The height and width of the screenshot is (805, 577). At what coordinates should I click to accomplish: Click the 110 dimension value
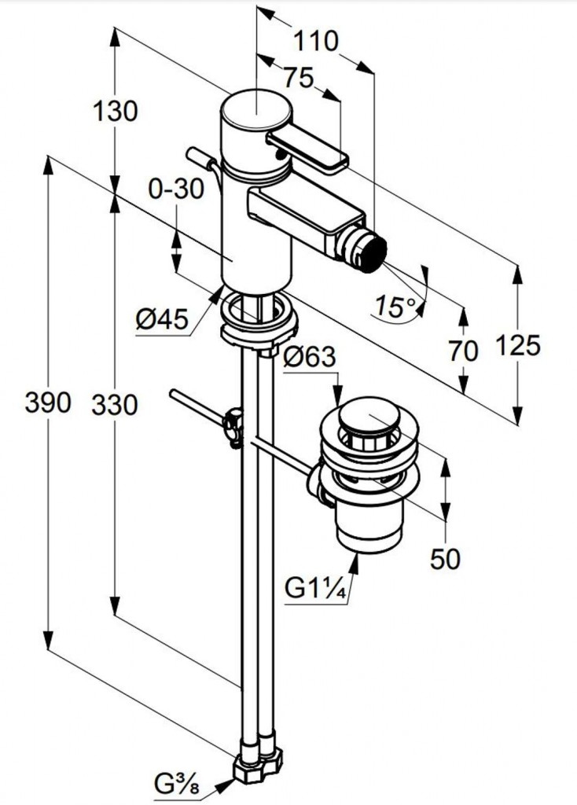(318, 40)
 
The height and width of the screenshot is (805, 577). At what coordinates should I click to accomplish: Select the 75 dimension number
(298, 79)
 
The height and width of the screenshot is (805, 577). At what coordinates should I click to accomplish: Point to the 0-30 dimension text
(175, 189)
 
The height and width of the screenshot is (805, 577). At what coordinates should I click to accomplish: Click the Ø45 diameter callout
(161, 319)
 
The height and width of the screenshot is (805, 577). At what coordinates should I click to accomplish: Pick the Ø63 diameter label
(310, 358)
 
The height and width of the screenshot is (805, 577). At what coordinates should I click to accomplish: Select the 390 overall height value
(48, 403)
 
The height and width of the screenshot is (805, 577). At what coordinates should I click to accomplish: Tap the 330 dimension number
(114, 405)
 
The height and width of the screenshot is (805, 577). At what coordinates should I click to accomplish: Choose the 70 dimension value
(464, 351)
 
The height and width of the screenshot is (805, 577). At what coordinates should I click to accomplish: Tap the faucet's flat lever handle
(307, 149)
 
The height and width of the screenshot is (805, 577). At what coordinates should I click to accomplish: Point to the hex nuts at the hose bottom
(259, 761)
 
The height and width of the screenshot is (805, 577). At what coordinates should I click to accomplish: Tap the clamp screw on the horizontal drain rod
(232, 425)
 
